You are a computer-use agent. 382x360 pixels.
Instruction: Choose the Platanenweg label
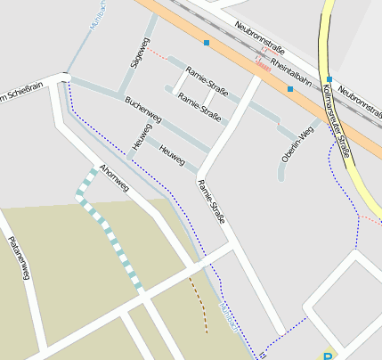19,258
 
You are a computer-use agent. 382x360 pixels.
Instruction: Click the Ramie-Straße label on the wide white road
213,201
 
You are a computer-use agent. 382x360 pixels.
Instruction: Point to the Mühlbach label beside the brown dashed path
228,316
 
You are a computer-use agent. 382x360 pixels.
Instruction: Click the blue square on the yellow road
329,79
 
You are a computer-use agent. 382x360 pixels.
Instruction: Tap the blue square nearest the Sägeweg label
207,43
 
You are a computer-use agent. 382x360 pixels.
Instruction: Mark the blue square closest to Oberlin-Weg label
290,89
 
